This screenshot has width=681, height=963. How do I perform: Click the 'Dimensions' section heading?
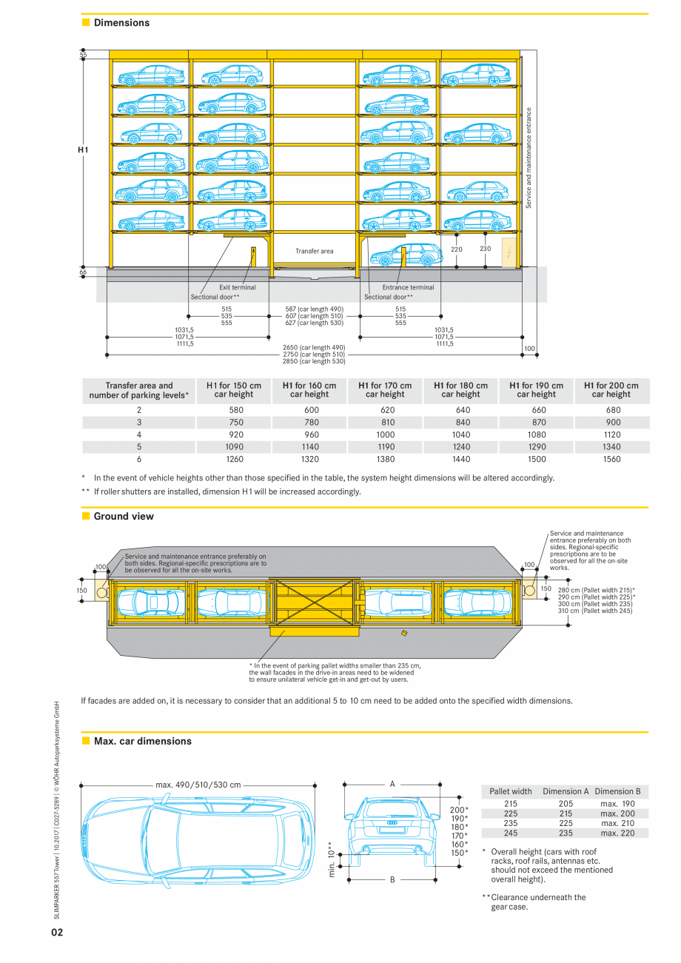(x=121, y=23)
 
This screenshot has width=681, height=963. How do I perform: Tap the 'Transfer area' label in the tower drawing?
(x=315, y=251)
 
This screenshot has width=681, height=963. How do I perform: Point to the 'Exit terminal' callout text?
(x=238, y=287)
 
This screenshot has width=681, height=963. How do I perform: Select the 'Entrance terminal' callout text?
(x=408, y=287)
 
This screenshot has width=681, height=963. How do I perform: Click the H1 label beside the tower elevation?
(x=83, y=150)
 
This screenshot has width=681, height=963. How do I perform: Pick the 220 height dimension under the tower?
(x=457, y=249)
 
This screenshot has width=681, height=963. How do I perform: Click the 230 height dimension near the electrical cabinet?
(x=486, y=249)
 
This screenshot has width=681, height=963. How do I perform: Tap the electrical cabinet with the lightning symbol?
(x=509, y=252)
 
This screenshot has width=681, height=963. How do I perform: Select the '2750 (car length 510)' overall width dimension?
(x=314, y=355)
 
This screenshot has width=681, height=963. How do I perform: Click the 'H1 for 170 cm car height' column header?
(x=385, y=390)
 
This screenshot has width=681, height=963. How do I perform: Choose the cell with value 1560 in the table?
(x=611, y=459)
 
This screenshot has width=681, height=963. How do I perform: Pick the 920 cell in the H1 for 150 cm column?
(x=236, y=434)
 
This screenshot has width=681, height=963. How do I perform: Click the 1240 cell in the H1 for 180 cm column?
(x=461, y=447)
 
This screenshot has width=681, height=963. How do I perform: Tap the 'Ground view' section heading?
(x=124, y=517)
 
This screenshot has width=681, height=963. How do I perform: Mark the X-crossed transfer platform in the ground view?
(x=315, y=601)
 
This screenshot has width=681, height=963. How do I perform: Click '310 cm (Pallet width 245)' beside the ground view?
(x=595, y=611)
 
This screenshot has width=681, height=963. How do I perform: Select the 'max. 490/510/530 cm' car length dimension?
(x=198, y=785)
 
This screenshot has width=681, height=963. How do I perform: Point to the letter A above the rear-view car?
(x=392, y=784)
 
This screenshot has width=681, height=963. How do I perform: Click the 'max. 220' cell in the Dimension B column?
(x=618, y=833)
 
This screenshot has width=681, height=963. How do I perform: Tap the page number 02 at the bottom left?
(x=57, y=932)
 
